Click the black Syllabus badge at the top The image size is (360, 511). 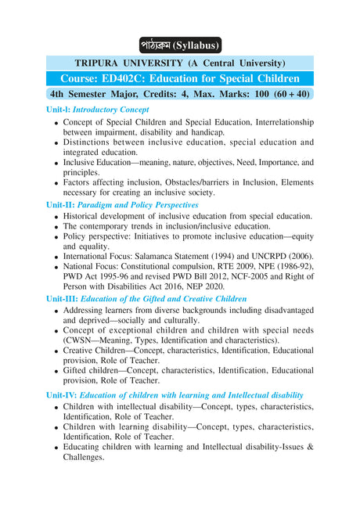coord(180,45)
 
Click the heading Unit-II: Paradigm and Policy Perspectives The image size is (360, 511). coord(122,204)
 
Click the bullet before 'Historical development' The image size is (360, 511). coord(56,217)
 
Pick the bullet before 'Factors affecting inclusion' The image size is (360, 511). coord(56,183)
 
